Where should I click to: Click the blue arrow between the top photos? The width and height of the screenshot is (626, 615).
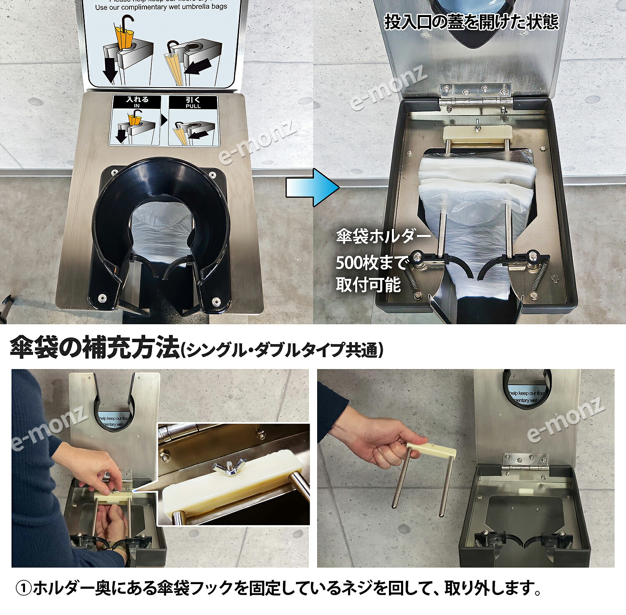(312, 188)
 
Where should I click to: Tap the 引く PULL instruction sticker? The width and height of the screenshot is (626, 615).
(193, 121)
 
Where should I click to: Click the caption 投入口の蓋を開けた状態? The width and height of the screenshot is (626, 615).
(471, 22)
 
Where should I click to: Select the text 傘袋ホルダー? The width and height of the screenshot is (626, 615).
(383, 237)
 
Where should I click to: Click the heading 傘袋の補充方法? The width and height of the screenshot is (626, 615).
(94, 348)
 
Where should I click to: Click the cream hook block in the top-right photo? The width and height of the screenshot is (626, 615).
(477, 134)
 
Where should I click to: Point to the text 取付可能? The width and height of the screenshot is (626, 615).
(368, 285)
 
